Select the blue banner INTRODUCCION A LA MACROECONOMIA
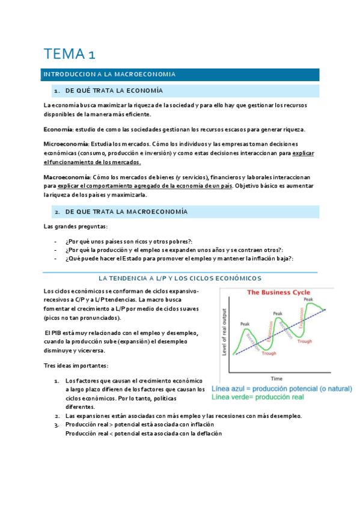point(108,75)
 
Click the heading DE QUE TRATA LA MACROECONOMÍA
point(126,212)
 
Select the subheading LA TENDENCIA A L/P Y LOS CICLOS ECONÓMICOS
point(180,278)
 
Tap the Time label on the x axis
point(276,379)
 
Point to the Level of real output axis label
point(225,332)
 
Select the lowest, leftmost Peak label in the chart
point(245,324)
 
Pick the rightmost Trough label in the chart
point(305,341)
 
